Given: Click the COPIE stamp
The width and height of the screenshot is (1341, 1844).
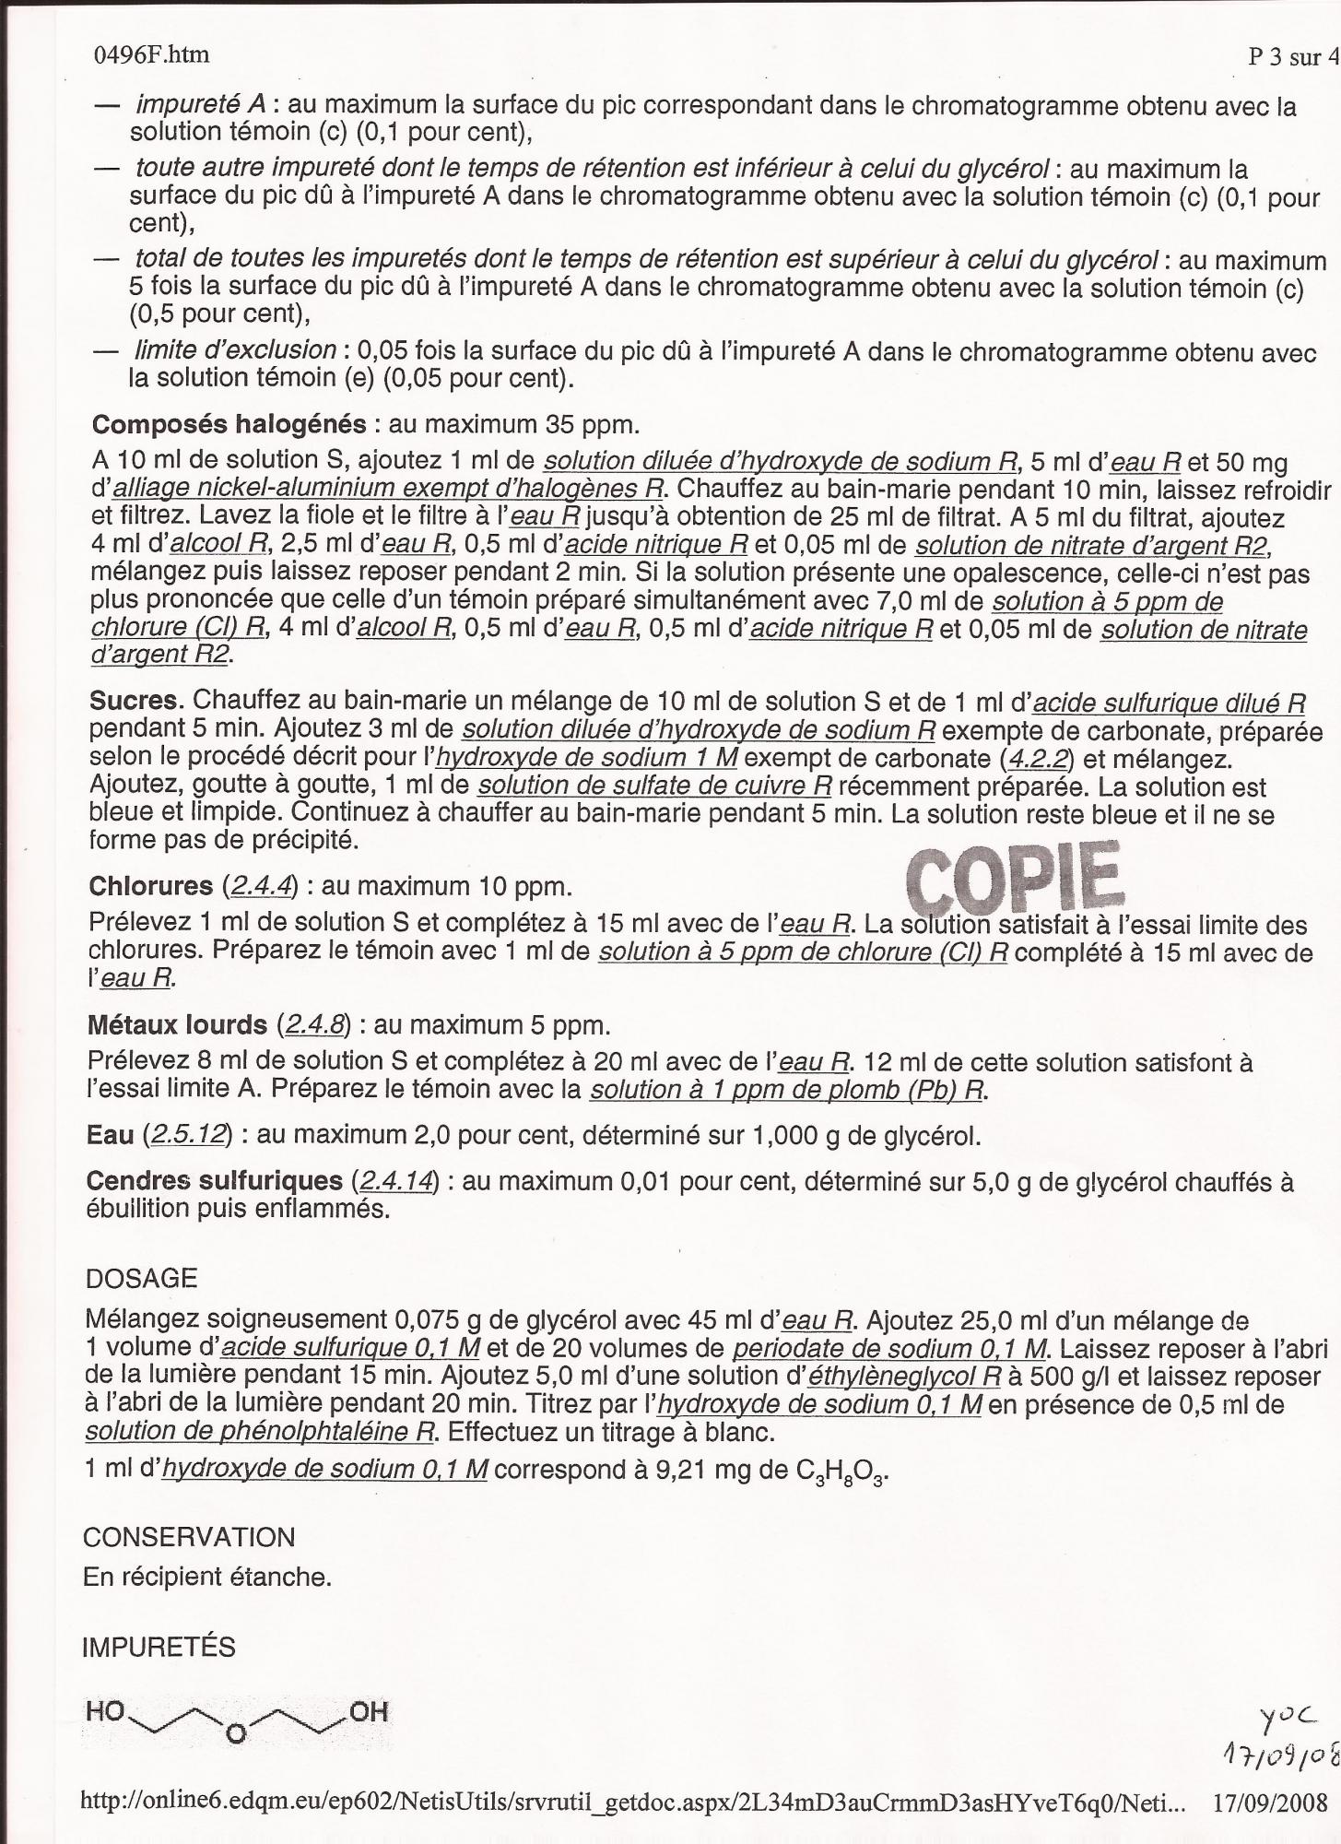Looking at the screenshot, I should pos(1015,874).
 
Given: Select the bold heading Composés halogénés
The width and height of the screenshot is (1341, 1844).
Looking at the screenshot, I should pos(229,424).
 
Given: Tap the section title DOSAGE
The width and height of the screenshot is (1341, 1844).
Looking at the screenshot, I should pos(141,1279).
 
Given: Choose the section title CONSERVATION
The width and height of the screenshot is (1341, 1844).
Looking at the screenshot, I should pos(189,1537).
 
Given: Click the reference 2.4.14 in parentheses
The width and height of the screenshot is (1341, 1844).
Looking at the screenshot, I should pos(395,1181).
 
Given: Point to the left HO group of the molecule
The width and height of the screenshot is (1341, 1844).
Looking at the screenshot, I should pos(104,1712).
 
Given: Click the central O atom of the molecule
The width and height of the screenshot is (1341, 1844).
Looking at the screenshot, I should pos(236,1734).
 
